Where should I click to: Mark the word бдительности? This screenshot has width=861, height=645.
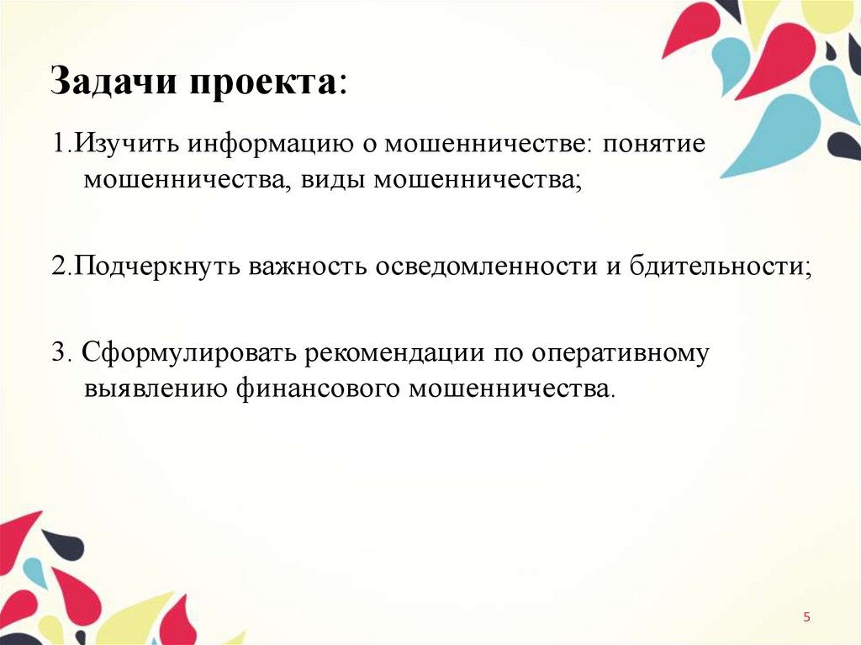pyautogui.click(x=714, y=267)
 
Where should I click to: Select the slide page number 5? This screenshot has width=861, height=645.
pyautogui.click(x=807, y=618)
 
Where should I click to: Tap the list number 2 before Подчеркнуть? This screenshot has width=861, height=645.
pyautogui.click(x=56, y=267)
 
